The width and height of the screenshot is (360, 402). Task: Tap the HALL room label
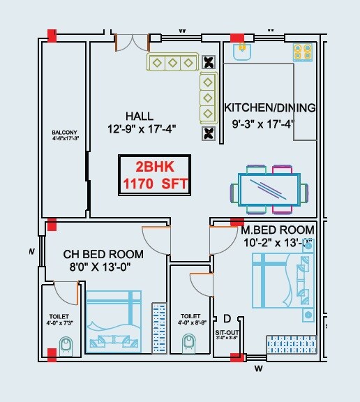pyautogui.click(x=140, y=115)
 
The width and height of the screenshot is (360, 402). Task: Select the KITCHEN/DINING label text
pyautogui.click(x=269, y=108)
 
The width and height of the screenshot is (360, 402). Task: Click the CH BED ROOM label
pyautogui.click(x=103, y=254)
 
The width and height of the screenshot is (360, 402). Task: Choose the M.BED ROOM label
pyautogui.click(x=277, y=230)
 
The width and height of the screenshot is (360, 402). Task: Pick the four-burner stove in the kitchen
pyautogui.click(x=302, y=50)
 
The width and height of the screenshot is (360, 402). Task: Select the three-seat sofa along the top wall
pyautogui.click(x=170, y=63)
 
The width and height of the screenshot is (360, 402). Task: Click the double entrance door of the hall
pyautogui.click(x=132, y=42)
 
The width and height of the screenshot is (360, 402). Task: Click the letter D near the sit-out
pyautogui.click(x=227, y=320)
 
